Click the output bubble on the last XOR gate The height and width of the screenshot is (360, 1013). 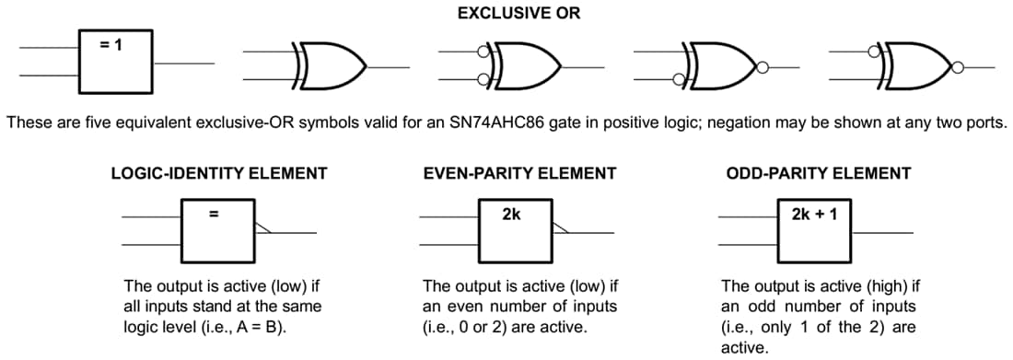point(958,66)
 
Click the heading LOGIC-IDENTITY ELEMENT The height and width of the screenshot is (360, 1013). point(218,173)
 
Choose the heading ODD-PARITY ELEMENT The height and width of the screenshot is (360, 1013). point(819,173)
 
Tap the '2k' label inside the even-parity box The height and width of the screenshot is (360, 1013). point(511,215)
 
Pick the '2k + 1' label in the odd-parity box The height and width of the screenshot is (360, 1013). point(813,215)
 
